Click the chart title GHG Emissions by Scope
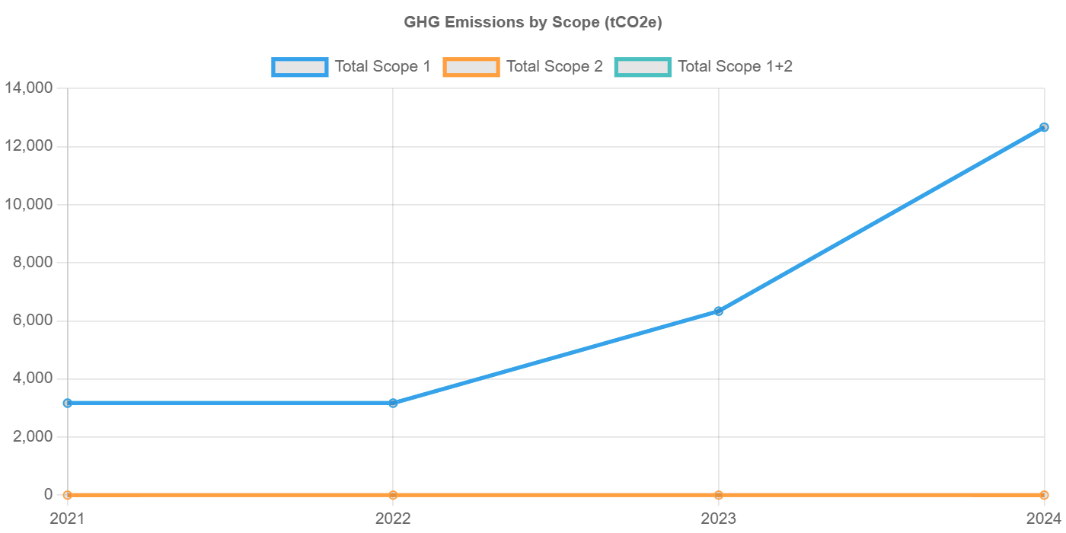pyautogui.click(x=532, y=23)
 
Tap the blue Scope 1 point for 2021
pyautogui.click(x=68, y=403)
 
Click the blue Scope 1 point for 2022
pyautogui.click(x=393, y=403)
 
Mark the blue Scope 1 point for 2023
pyautogui.click(x=718, y=311)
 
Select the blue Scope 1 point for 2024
pyautogui.click(x=1044, y=127)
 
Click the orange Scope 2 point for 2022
pyautogui.click(x=393, y=495)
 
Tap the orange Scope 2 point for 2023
pyautogui.click(x=718, y=495)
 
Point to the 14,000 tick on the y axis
pyautogui.click(x=28, y=88)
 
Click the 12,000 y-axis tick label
pyautogui.click(x=28, y=146)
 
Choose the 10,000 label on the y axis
pyautogui.click(x=28, y=204)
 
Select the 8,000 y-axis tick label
pyautogui.click(x=31, y=262)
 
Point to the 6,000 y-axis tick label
pyautogui.click(x=31, y=321)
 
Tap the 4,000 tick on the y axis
pyautogui.click(x=31, y=378)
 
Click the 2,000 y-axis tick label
pyautogui.click(x=31, y=436)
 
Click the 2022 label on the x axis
pyautogui.click(x=393, y=519)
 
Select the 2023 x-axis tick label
pyautogui.click(x=718, y=519)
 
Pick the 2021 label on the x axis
pyautogui.click(x=68, y=519)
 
